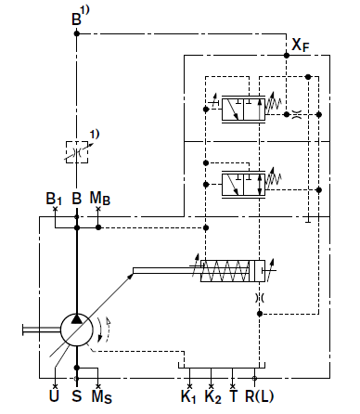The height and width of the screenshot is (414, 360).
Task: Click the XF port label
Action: (x=301, y=45)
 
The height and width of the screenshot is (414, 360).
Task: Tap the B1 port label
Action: (x=54, y=199)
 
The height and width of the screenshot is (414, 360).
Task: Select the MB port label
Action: (x=99, y=198)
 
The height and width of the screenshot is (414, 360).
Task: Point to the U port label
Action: (x=54, y=395)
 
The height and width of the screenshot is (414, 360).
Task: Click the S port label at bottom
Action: (x=77, y=395)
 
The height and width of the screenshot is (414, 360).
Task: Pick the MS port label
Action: (x=101, y=396)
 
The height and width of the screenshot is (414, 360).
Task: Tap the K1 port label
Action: (x=188, y=396)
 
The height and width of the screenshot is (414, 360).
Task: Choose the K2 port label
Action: (x=213, y=396)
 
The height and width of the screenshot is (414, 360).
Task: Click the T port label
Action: (x=234, y=395)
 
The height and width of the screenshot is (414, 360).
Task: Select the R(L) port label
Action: (x=259, y=396)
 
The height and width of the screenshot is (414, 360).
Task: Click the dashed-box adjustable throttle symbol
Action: (x=77, y=152)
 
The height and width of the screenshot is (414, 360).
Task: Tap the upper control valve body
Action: (x=243, y=110)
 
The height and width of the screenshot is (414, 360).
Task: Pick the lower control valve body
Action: (x=243, y=185)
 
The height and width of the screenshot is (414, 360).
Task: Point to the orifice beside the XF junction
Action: (x=297, y=114)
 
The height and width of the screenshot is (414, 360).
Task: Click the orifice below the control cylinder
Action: (x=260, y=298)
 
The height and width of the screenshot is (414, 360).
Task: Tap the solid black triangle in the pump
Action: (x=76, y=318)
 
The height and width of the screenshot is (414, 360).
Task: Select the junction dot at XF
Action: (x=287, y=56)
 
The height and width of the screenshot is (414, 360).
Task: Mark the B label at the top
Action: (x=76, y=19)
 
